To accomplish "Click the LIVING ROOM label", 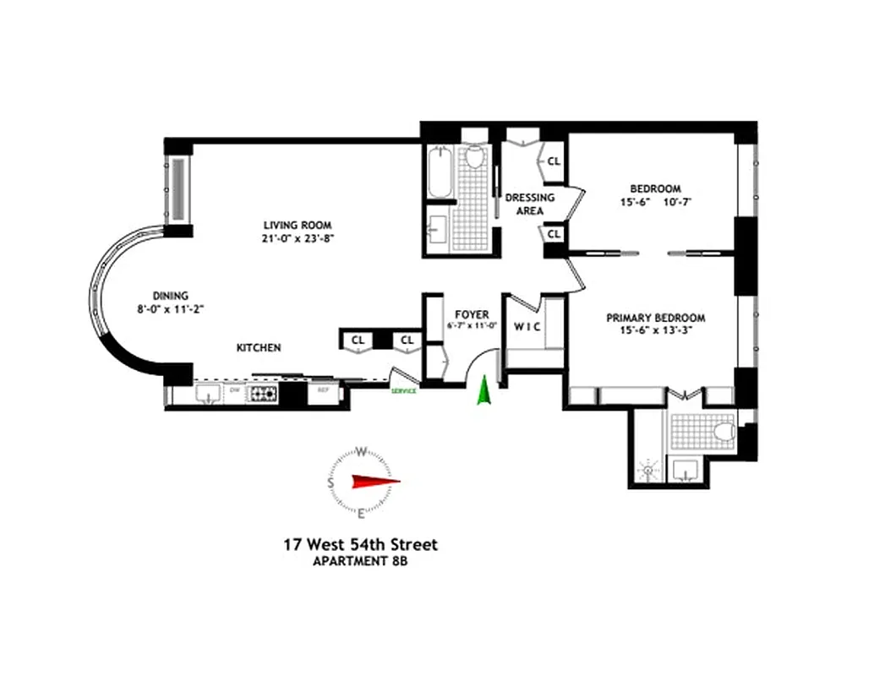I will [x=297, y=225].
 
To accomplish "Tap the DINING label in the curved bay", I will [x=170, y=296].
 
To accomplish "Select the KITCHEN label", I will [x=259, y=347].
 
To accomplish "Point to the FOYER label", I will [x=471, y=314].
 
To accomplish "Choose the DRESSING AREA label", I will [x=530, y=204].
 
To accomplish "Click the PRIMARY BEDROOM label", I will [x=655, y=319].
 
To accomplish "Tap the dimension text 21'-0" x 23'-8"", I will [x=297, y=238].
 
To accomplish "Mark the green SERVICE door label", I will [x=403, y=390].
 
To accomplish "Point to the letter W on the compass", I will [x=361, y=450].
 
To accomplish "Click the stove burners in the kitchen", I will [x=262, y=394].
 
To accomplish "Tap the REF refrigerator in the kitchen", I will [x=322, y=391].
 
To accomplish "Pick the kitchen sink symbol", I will [x=208, y=393].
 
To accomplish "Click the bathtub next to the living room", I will [x=439, y=175].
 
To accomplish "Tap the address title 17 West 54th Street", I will [x=360, y=545].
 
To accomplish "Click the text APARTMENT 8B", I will [x=360, y=561].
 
